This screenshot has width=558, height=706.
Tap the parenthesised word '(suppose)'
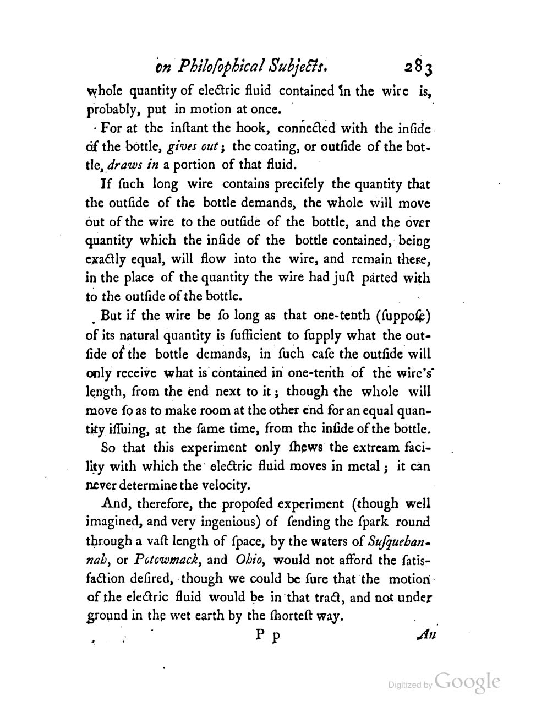click(x=402, y=317)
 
